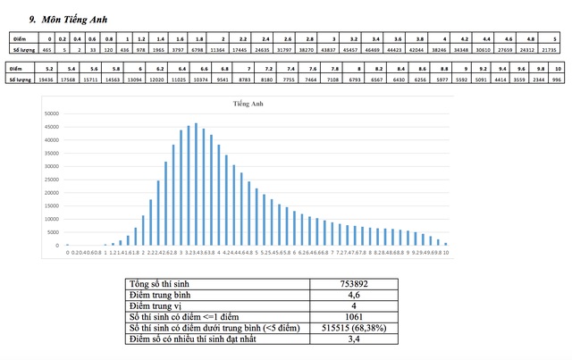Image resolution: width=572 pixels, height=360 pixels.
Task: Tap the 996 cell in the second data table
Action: tap(557, 80)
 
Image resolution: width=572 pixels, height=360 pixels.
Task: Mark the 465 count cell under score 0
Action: tap(46, 51)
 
